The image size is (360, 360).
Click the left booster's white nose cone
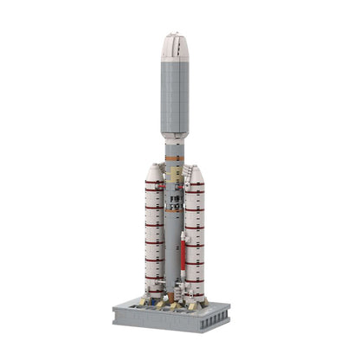click(x=154, y=173)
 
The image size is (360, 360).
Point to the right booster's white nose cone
click(x=196, y=174)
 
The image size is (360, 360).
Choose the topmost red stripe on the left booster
click(x=154, y=183)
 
